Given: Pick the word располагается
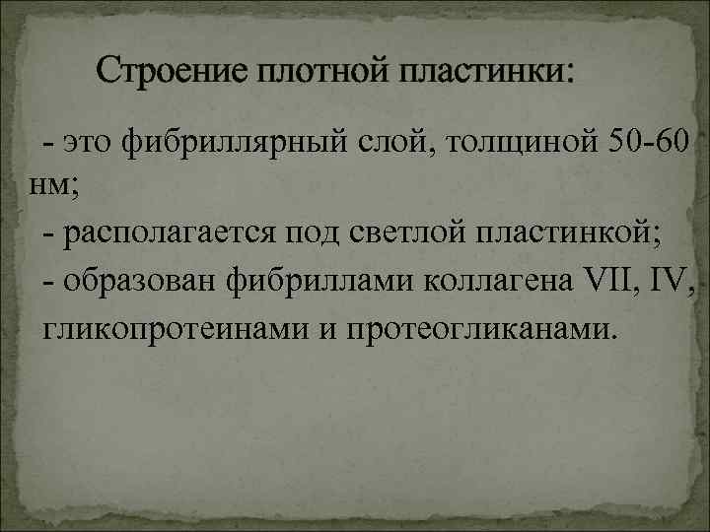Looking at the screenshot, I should point(171,234).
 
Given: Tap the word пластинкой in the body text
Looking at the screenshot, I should point(569,234).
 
